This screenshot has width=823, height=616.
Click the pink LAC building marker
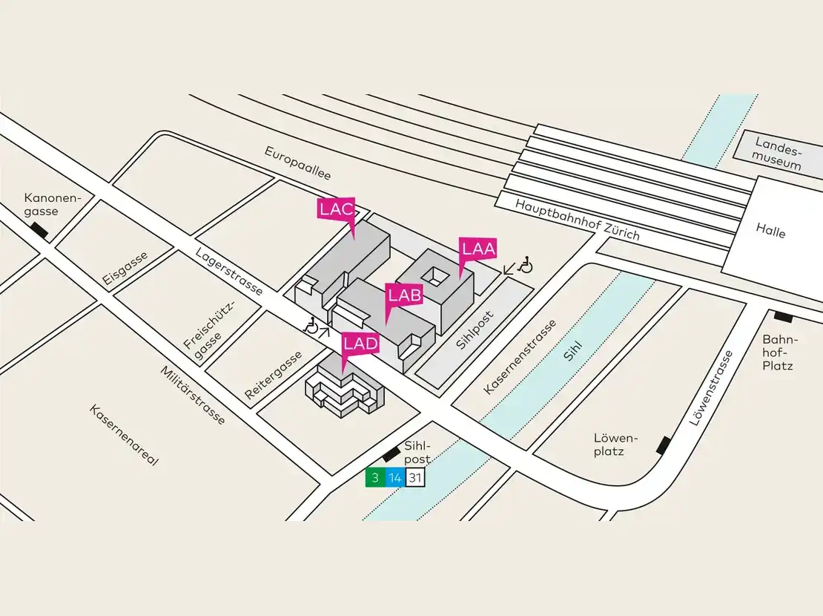point(336,209)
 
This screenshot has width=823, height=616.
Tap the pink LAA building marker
point(478,249)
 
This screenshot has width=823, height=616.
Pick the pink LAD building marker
point(360,344)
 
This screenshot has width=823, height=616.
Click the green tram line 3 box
point(375,478)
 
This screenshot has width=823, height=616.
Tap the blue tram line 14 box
point(395,478)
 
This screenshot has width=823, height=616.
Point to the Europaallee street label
point(298,163)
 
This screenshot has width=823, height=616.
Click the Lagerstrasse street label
point(229,271)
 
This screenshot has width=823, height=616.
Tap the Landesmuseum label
point(777,154)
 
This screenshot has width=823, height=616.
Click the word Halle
point(770,232)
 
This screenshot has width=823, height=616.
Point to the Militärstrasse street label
point(193,396)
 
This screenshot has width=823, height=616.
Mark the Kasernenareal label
point(125,435)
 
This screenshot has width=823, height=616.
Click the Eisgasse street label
point(126,268)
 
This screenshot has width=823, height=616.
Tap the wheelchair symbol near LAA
point(526,264)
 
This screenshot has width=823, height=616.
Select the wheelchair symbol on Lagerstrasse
point(312,324)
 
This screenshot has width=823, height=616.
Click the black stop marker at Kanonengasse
point(39,232)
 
